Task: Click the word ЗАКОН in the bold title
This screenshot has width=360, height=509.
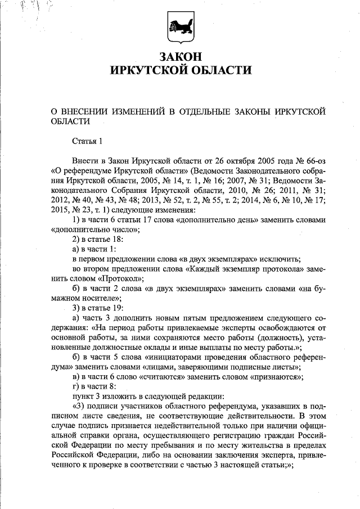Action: pyautogui.click(x=179, y=57)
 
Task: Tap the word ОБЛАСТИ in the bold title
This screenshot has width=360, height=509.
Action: pyautogui.click(x=217, y=70)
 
